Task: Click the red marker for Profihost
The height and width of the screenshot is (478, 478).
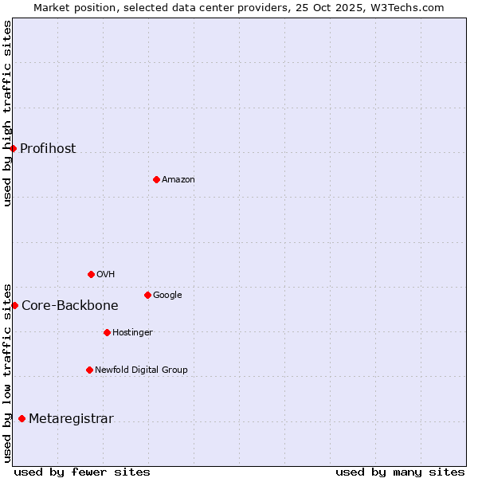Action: pyautogui.click(x=13, y=148)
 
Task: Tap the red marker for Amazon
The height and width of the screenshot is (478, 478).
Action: pyautogui.click(x=156, y=179)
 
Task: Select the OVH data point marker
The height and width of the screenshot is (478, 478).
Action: pyautogui.click(x=91, y=274)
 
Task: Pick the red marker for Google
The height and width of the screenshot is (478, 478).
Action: pyautogui.click(x=147, y=295)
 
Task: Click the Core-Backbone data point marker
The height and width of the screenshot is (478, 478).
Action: pyautogui.click(x=14, y=305)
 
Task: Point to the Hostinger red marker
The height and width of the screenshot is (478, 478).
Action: pyautogui.click(x=107, y=332)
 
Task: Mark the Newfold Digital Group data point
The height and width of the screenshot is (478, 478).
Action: pyautogui.click(x=89, y=370)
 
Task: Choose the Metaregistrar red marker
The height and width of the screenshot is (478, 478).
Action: pyautogui.click(x=22, y=419)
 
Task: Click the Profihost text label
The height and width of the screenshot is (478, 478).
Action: pyautogui.click(x=48, y=149)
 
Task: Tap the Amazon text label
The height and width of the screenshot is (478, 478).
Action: pyautogui.click(x=178, y=180)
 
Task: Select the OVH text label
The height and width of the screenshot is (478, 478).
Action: pyautogui.click(x=106, y=275)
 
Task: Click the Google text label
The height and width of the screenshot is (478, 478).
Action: pyautogui.click(x=167, y=296)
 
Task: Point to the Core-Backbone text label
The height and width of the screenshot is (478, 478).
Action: pyautogui.click(x=70, y=306)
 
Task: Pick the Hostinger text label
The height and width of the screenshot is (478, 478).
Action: pyautogui.click(x=132, y=333)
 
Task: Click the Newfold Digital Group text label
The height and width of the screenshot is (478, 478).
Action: pyautogui.click(x=141, y=370)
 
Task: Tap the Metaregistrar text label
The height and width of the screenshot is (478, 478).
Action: pyautogui.click(x=71, y=419)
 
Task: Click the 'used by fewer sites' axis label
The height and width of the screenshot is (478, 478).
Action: pyautogui.click(x=82, y=472)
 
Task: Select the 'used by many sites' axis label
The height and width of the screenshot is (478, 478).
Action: pyautogui.click(x=400, y=472)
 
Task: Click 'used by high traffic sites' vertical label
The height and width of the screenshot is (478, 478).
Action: pyautogui.click(x=7, y=113)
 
